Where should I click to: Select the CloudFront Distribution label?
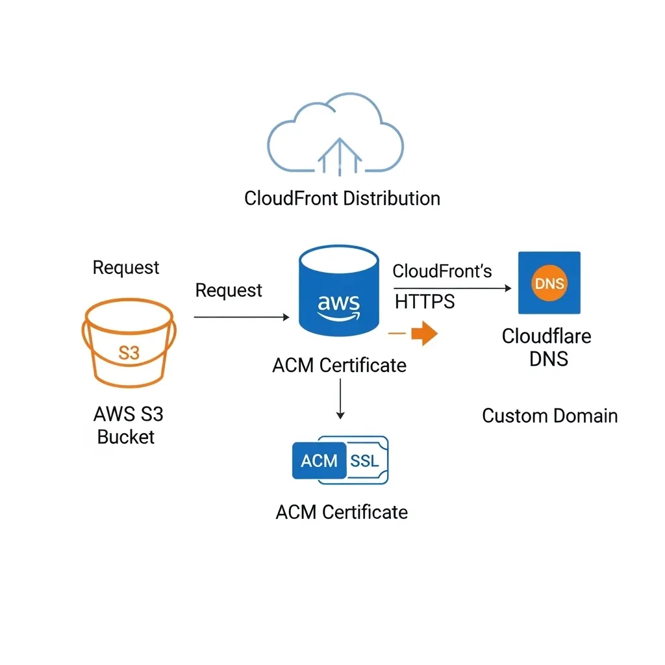(342, 198)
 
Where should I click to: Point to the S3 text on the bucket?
(129, 353)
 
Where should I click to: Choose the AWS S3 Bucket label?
(127, 425)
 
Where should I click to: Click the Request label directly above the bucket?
(126, 268)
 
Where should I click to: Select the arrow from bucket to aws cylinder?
(241, 317)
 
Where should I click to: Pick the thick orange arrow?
(425, 334)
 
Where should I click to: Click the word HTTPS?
(425, 301)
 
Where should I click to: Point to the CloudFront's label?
(442, 271)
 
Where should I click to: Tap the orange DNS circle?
(549, 284)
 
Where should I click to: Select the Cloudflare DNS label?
(546, 347)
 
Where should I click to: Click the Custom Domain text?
(549, 416)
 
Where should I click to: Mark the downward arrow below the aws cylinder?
(340, 399)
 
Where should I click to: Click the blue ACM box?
(319, 460)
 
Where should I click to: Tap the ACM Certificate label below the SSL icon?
(342, 512)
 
